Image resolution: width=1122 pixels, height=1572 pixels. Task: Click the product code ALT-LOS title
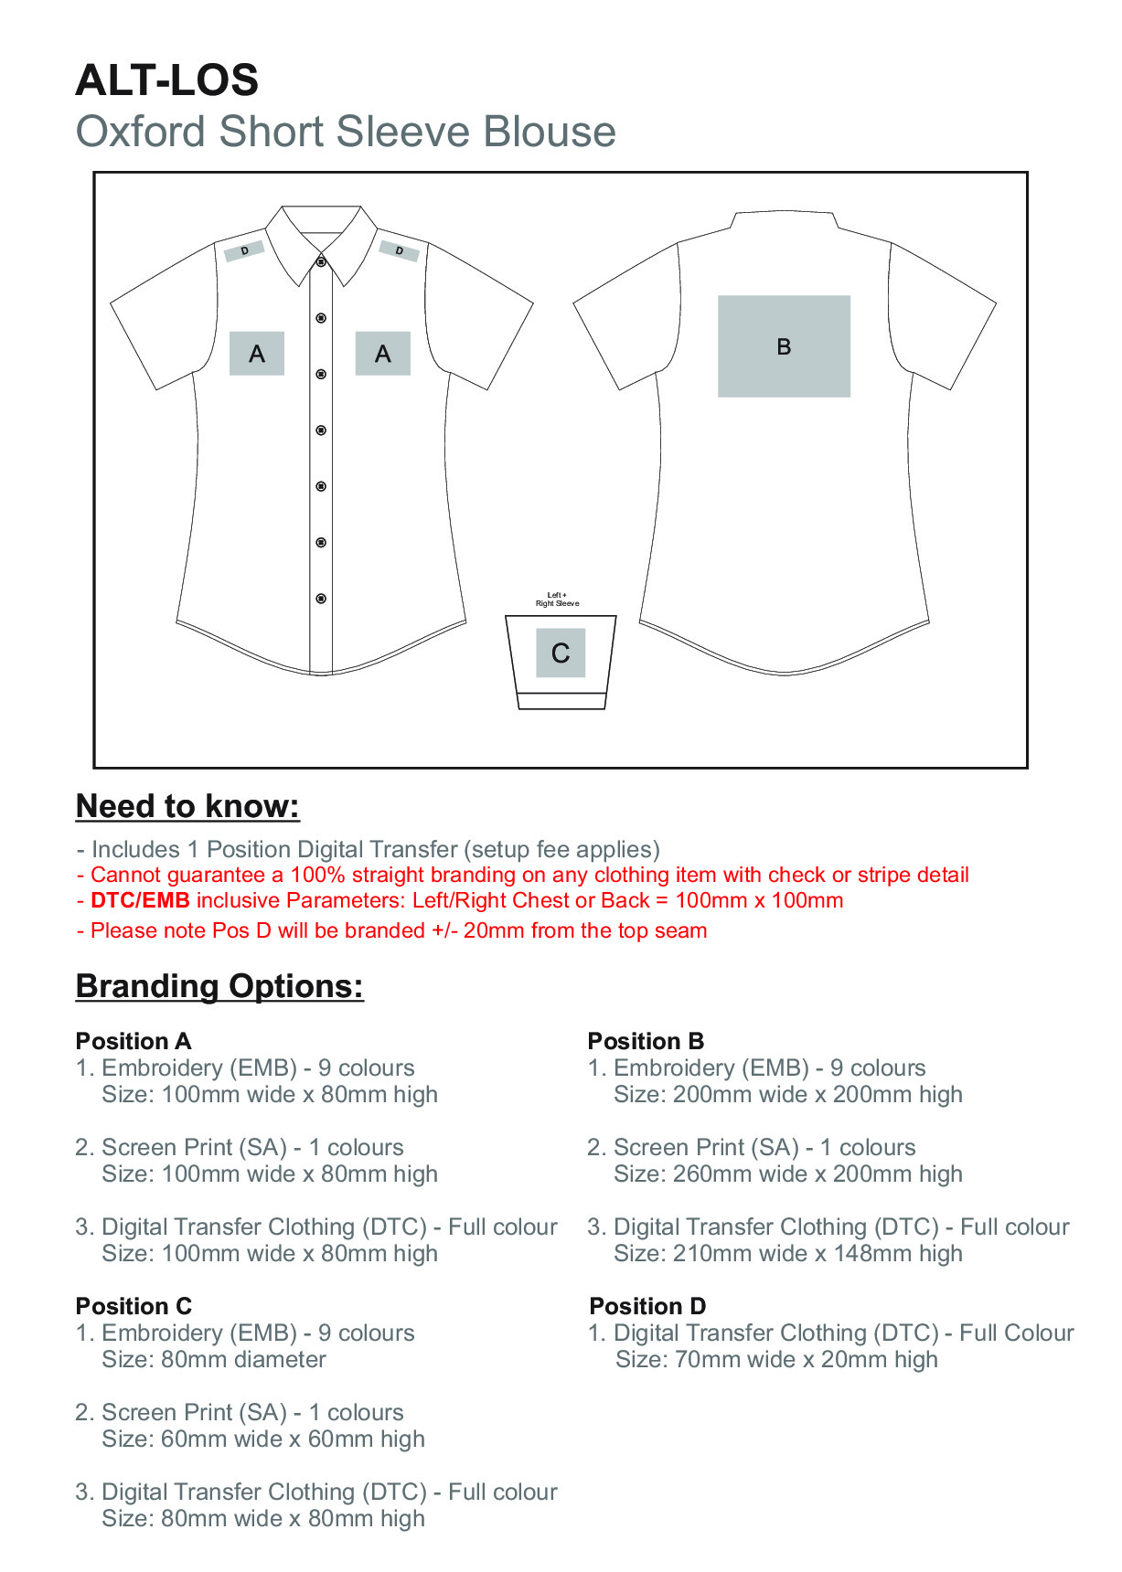tap(167, 80)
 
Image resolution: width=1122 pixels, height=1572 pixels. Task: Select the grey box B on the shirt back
tap(784, 346)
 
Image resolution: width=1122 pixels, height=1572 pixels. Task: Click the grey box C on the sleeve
tap(561, 653)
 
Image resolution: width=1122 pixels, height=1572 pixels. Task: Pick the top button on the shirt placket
tap(321, 262)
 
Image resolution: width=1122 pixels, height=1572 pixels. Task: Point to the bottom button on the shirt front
tap(321, 599)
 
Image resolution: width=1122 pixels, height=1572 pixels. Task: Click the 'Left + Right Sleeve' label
tap(557, 600)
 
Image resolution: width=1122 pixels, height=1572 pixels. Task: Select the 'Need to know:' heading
tap(187, 806)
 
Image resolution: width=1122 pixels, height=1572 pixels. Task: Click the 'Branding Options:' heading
tap(219, 986)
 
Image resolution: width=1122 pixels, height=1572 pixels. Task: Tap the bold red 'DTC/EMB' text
tap(140, 900)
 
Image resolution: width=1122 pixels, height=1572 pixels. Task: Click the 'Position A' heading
tap(134, 1041)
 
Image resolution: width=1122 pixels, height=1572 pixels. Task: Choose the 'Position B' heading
tap(646, 1041)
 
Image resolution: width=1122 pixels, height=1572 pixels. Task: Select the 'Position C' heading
tap(134, 1306)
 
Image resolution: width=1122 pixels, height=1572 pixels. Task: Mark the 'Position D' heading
tap(647, 1306)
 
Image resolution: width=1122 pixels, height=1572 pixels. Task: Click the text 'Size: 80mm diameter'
tap(214, 1359)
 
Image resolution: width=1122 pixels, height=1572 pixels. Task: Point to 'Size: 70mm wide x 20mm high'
tap(776, 1359)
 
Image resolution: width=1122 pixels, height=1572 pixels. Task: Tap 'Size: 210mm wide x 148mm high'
tap(788, 1253)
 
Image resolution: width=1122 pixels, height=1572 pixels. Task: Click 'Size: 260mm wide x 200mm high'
tap(788, 1174)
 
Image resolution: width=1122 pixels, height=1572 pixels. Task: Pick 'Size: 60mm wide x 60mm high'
tap(263, 1439)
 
